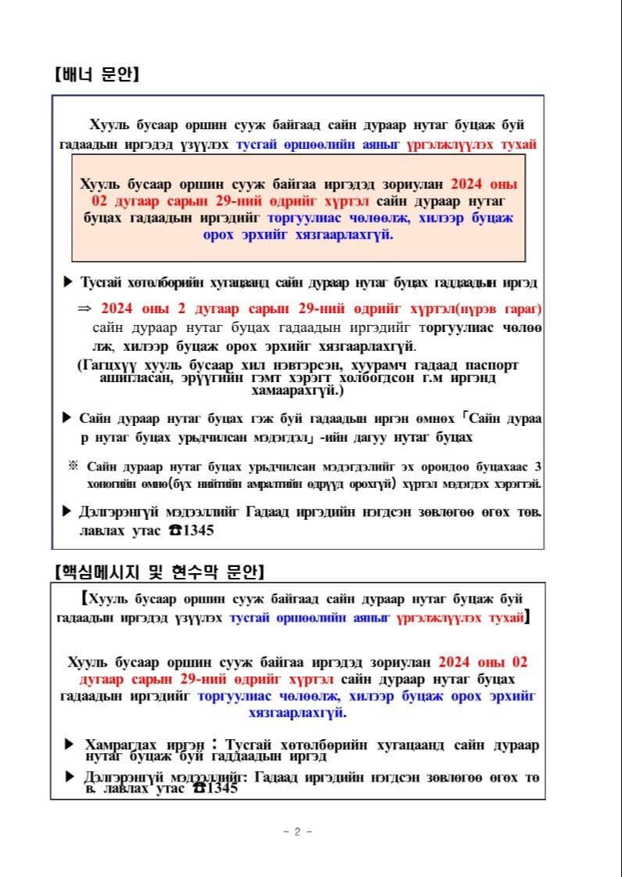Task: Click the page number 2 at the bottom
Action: (297, 832)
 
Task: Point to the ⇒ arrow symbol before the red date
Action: (84, 309)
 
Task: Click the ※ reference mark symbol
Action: (74, 465)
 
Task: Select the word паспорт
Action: (491, 365)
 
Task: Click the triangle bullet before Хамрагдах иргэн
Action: (69, 744)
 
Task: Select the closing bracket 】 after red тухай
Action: (528, 618)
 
